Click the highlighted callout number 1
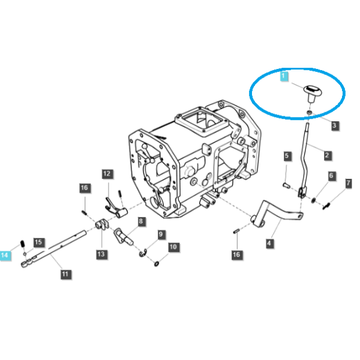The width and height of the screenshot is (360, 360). pos(284,76)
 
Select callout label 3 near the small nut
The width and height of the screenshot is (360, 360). pos(335,125)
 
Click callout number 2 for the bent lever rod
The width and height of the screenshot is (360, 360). pos(327,155)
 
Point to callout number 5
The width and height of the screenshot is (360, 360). pos(287,156)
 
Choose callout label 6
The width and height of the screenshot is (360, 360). pos(331,176)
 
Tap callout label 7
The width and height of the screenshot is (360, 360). pos(348,183)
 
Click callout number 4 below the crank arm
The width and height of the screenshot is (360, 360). pos(269,243)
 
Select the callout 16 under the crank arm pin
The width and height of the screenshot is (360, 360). pos(236,254)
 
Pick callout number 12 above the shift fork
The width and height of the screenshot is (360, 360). pos(107,173)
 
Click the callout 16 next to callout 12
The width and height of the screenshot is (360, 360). pos(85,188)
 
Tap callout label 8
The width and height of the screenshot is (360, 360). pos(141,221)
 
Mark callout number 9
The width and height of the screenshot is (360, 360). pos(161,234)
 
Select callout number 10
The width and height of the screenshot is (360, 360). pos(173,247)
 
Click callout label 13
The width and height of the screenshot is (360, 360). pos(101,254)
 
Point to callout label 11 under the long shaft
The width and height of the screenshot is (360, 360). pos(65,274)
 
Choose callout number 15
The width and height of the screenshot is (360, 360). pos(38,242)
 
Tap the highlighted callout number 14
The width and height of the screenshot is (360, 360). pos(5,255)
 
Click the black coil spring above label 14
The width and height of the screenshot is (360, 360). pos(22,244)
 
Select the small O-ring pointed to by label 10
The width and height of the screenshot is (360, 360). pos(157,264)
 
